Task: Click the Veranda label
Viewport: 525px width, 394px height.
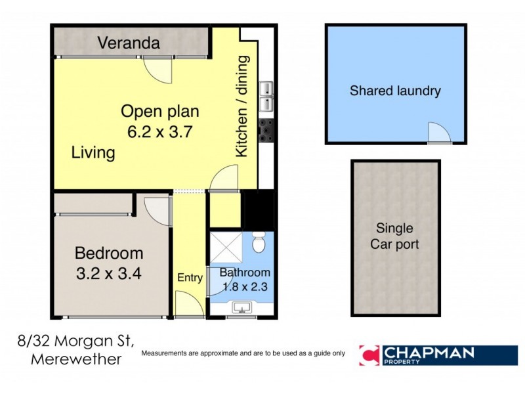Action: (x=129, y=43)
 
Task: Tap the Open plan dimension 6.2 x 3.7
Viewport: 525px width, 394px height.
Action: (x=159, y=131)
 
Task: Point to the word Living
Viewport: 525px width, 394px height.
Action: (x=93, y=153)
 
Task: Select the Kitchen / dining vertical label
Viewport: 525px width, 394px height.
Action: (x=242, y=106)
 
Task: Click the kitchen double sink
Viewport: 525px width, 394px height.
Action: (x=266, y=97)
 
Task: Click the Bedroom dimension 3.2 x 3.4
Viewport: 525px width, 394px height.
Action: (x=109, y=273)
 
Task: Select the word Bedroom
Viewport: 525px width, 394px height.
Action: (x=109, y=253)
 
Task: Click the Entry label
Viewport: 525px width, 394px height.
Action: (x=190, y=278)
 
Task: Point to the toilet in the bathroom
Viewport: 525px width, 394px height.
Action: (x=259, y=244)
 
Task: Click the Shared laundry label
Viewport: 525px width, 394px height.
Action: (x=395, y=91)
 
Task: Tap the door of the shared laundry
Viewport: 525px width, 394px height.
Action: (x=438, y=133)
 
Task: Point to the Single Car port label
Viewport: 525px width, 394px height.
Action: (x=395, y=236)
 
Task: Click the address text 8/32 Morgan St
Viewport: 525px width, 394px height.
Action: (x=66, y=342)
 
